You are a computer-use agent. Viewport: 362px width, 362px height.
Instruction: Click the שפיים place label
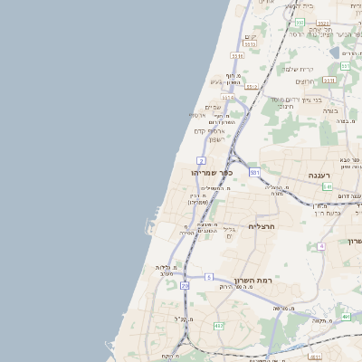click(x=214, y=108)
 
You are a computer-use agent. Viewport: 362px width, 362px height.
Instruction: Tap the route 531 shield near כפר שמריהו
click(x=255, y=172)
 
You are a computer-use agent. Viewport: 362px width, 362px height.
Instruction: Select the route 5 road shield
click(x=209, y=277)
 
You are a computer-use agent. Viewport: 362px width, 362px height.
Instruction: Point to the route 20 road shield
click(x=185, y=286)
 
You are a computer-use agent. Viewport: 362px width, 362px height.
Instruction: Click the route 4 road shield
click(x=320, y=246)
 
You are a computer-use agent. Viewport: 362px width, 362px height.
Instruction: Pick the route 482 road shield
click(x=218, y=325)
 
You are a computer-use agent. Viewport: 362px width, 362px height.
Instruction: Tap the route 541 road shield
click(x=327, y=187)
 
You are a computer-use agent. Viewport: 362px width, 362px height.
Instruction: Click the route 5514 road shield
click(x=228, y=97)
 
